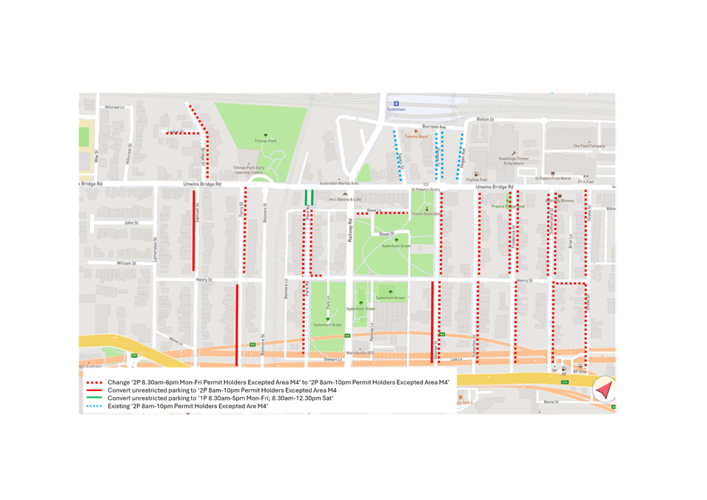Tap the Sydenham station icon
pyautogui.click(x=396, y=103)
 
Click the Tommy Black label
pyautogui.click(x=418, y=136)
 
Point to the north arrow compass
pyautogui.click(x=604, y=389)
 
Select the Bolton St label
pyautogui.click(x=485, y=119)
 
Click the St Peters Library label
pyautogui.click(x=426, y=190)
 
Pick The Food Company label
pyautogui.click(x=589, y=146)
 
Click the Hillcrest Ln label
pyautogui.click(x=114, y=107)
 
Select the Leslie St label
pyautogui.click(x=175, y=132)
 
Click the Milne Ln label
pyautogui.click(x=175, y=341)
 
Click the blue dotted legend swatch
pyautogui.click(x=93, y=406)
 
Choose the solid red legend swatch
pyautogui.click(x=93, y=390)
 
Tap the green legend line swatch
pyautogui.click(x=93, y=398)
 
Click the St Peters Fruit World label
pyautogui.click(x=554, y=179)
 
